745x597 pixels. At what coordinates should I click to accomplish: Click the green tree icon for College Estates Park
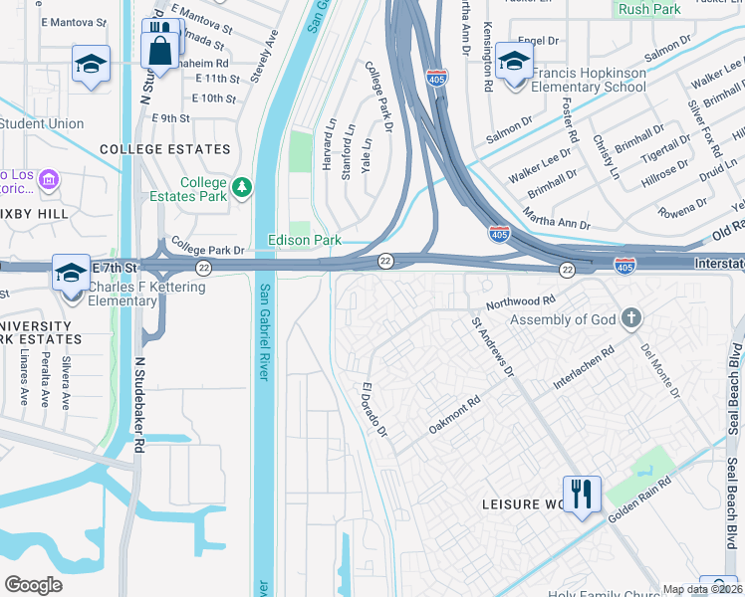coord(241,186)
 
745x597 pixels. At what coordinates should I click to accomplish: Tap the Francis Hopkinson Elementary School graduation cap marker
coord(514,63)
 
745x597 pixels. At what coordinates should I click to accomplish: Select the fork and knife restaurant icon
coord(582,494)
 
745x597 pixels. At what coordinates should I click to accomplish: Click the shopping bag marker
coord(159,49)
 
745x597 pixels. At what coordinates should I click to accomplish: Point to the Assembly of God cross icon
coord(629,319)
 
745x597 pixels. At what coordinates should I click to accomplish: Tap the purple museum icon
coord(49,180)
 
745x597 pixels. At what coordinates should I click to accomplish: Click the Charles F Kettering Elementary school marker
coord(71,274)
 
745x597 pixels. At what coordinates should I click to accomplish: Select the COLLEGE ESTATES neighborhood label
coord(165,149)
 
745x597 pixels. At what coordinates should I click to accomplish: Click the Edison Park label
coord(305,240)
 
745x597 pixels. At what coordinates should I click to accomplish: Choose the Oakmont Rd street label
coord(455,413)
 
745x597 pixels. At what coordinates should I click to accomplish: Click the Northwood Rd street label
coord(519,300)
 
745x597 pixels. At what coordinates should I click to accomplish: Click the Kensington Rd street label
coord(487,57)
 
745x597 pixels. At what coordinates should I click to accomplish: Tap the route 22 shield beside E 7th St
coord(203,268)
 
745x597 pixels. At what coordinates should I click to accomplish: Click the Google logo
coord(34,584)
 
